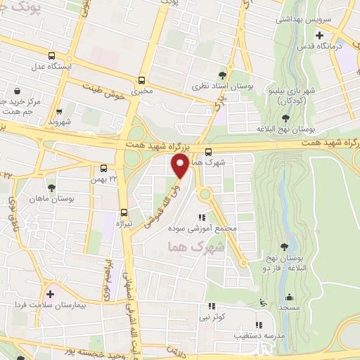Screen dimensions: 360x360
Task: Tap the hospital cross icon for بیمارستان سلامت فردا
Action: tap(50, 294)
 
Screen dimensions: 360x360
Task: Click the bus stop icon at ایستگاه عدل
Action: tap(51, 56)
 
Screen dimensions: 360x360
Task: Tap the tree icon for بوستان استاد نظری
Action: tap(223, 74)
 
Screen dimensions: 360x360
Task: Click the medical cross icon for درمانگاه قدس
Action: tap(320, 34)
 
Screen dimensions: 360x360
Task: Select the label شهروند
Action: tap(61, 123)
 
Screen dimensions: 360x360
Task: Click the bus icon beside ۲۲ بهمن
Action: tap(103, 168)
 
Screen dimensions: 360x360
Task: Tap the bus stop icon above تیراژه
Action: tap(124, 212)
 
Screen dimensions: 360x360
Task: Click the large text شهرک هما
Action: tap(197, 247)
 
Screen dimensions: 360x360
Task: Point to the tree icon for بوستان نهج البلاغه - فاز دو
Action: tap(283, 246)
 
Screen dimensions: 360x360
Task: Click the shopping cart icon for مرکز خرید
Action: tap(18, 91)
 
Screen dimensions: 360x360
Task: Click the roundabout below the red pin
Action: tap(205, 194)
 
